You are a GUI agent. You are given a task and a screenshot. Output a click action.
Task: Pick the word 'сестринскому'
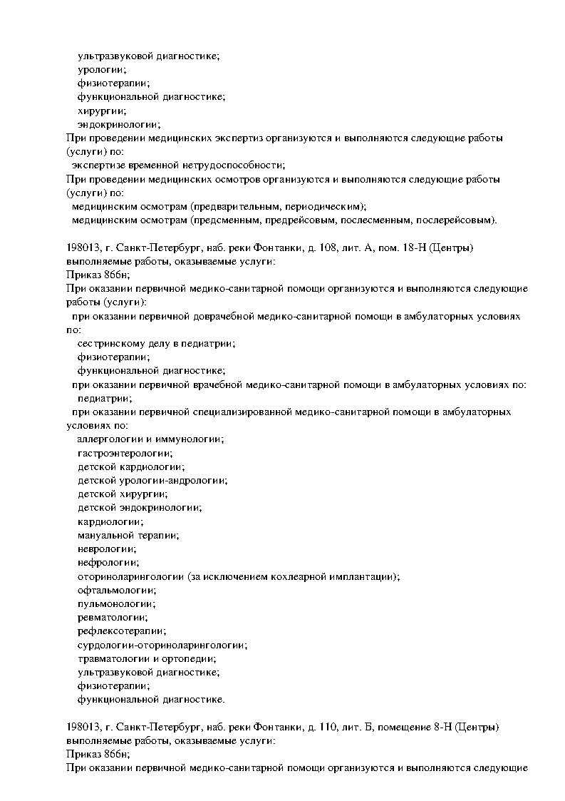107,343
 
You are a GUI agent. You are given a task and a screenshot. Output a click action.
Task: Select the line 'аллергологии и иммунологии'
150,439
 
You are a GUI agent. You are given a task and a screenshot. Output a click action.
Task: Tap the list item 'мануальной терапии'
128,535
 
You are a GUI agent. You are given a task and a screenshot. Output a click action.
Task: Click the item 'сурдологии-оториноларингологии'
162,645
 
